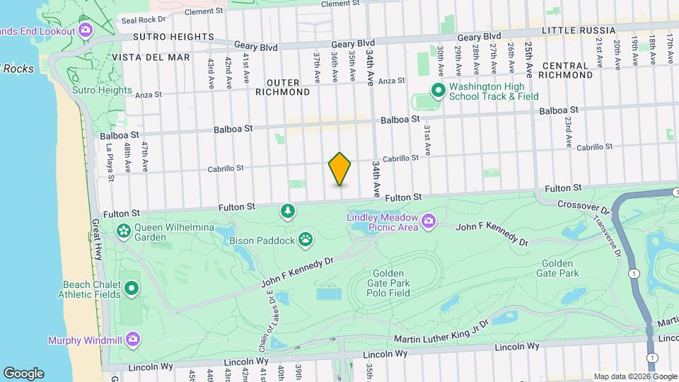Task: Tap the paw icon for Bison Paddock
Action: click(x=306, y=239)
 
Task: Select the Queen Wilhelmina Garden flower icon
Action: click(x=124, y=230)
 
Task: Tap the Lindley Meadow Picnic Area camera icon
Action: click(x=429, y=223)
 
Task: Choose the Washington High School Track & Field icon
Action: click(x=437, y=91)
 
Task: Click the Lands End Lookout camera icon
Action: click(x=86, y=30)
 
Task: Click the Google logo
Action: click(x=23, y=373)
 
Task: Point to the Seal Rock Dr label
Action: click(x=143, y=20)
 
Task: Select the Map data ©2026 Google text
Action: click(x=634, y=376)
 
